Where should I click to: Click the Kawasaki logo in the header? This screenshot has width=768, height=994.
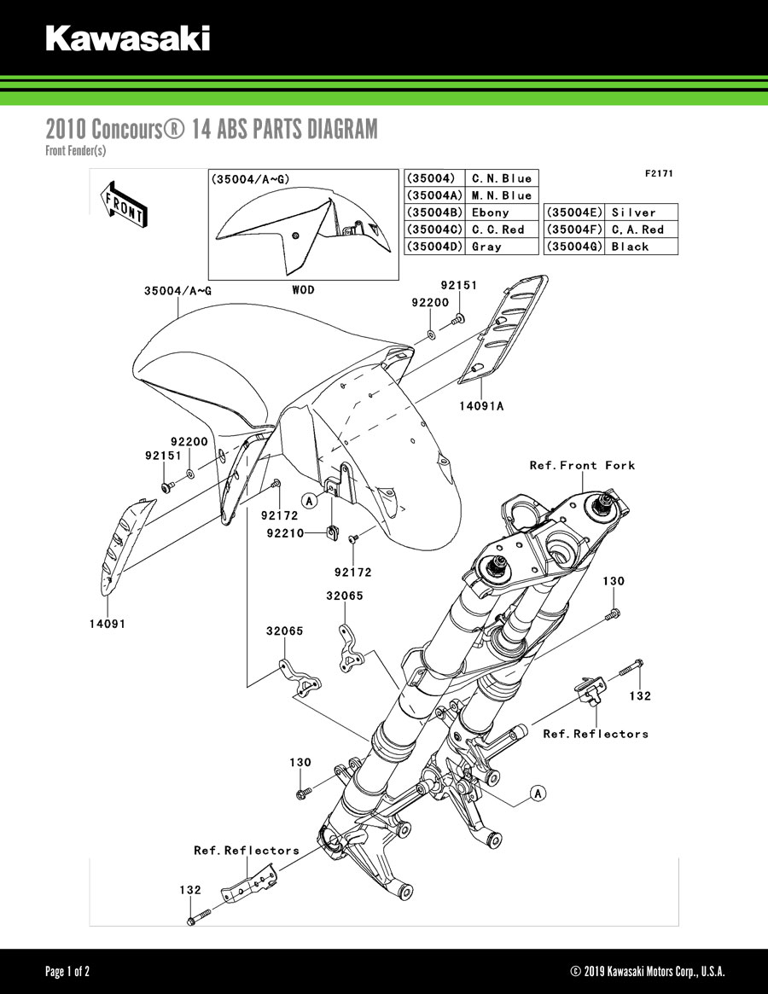(x=126, y=38)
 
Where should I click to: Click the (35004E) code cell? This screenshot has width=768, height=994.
(x=574, y=212)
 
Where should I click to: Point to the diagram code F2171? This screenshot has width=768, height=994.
(x=659, y=173)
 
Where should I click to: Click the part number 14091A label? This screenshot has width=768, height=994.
(x=482, y=406)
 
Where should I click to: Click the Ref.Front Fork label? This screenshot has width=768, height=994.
(x=582, y=466)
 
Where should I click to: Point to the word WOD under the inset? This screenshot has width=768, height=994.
(x=303, y=290)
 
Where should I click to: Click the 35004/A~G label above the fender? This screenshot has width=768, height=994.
(x=177, y=291)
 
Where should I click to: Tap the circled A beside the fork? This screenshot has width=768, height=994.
(x=538, y=793)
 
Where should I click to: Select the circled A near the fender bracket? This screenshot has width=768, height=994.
(x=309, y=499)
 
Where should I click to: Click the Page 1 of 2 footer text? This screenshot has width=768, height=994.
(x=67, y=971)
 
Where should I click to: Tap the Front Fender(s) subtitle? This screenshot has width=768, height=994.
(x=76, y=150)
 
